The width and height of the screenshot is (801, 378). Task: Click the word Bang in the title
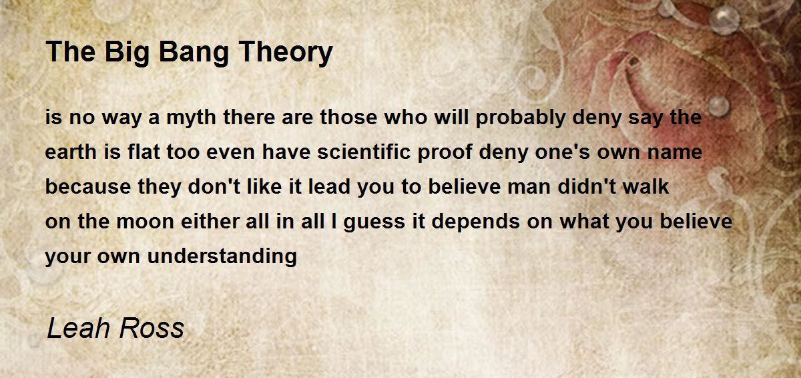point(194,53)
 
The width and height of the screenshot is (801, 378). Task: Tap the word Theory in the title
point(286,53)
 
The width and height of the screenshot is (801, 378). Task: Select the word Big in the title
point(127,53)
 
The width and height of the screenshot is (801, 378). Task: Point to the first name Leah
point(78,328)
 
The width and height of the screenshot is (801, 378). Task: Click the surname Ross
point(152,328)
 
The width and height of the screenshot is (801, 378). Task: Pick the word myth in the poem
point(192,118)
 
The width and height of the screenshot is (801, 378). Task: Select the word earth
point(71,152)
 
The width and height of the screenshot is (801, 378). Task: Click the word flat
point(144,152)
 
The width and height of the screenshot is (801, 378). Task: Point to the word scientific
point(364,152)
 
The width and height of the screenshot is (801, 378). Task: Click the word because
point(88,186)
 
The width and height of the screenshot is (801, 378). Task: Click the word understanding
point(222,256)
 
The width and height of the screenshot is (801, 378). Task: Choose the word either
point(210,221)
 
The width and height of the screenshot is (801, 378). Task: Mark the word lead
point(329,186)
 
